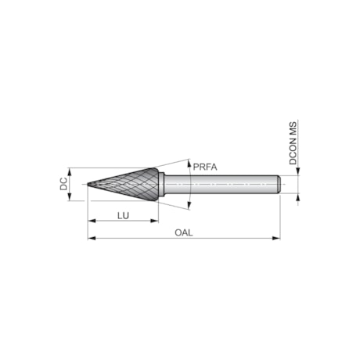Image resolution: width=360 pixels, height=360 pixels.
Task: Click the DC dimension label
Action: [x=63, y=185]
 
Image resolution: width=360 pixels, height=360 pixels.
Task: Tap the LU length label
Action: [x=123, y=215]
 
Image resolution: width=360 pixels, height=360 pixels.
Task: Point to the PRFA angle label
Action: [x=204, y=167]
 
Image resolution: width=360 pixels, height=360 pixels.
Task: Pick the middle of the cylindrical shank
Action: [x=223, y=185]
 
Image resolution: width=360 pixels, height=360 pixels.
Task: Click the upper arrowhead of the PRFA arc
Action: [x=188, y=163]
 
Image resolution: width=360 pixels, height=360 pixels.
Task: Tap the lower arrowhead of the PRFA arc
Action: [x=188, y=207]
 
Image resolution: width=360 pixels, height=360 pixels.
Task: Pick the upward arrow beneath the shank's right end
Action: [x=297, y=197]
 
